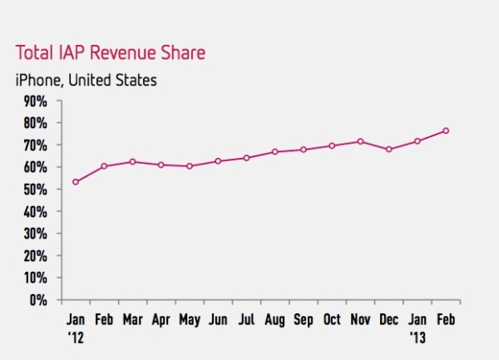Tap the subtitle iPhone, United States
[x=86, y=81]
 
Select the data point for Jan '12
[x=76, y=181]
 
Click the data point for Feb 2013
[x=446, y=131]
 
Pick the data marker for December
[x=388, y=150]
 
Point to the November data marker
[x=360, y=141]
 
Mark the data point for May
[x=190, y=166]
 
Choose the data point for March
[x=133, y=161]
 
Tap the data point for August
[x=275, y=152]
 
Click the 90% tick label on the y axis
[x=34, y=101]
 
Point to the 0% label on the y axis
[x=37, y=299]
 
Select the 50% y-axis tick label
[x=34, y=190]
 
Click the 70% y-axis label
[x=34, y=145]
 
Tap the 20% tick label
[x=34, y=255]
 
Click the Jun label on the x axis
[x=218, y=320]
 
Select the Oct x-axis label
[x=332, y=320]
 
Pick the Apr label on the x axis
[x=161, y=320]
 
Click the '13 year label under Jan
[x=418, y=337]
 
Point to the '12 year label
[x=76, y=337]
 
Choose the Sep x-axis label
[x=304, y=320]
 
